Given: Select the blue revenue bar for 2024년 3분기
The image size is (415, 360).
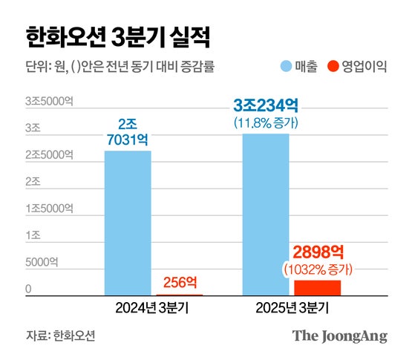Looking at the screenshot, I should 127,223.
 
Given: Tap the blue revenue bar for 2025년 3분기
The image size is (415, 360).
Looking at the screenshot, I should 265,215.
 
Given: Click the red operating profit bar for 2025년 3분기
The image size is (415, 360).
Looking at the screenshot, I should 317,288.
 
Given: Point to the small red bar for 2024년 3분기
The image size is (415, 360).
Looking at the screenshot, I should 179,295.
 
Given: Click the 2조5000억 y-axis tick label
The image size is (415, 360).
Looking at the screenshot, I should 48,154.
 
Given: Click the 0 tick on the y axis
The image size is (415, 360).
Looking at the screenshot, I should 28,289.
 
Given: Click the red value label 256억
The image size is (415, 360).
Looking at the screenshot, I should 179,281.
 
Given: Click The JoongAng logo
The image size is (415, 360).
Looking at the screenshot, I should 339,336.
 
